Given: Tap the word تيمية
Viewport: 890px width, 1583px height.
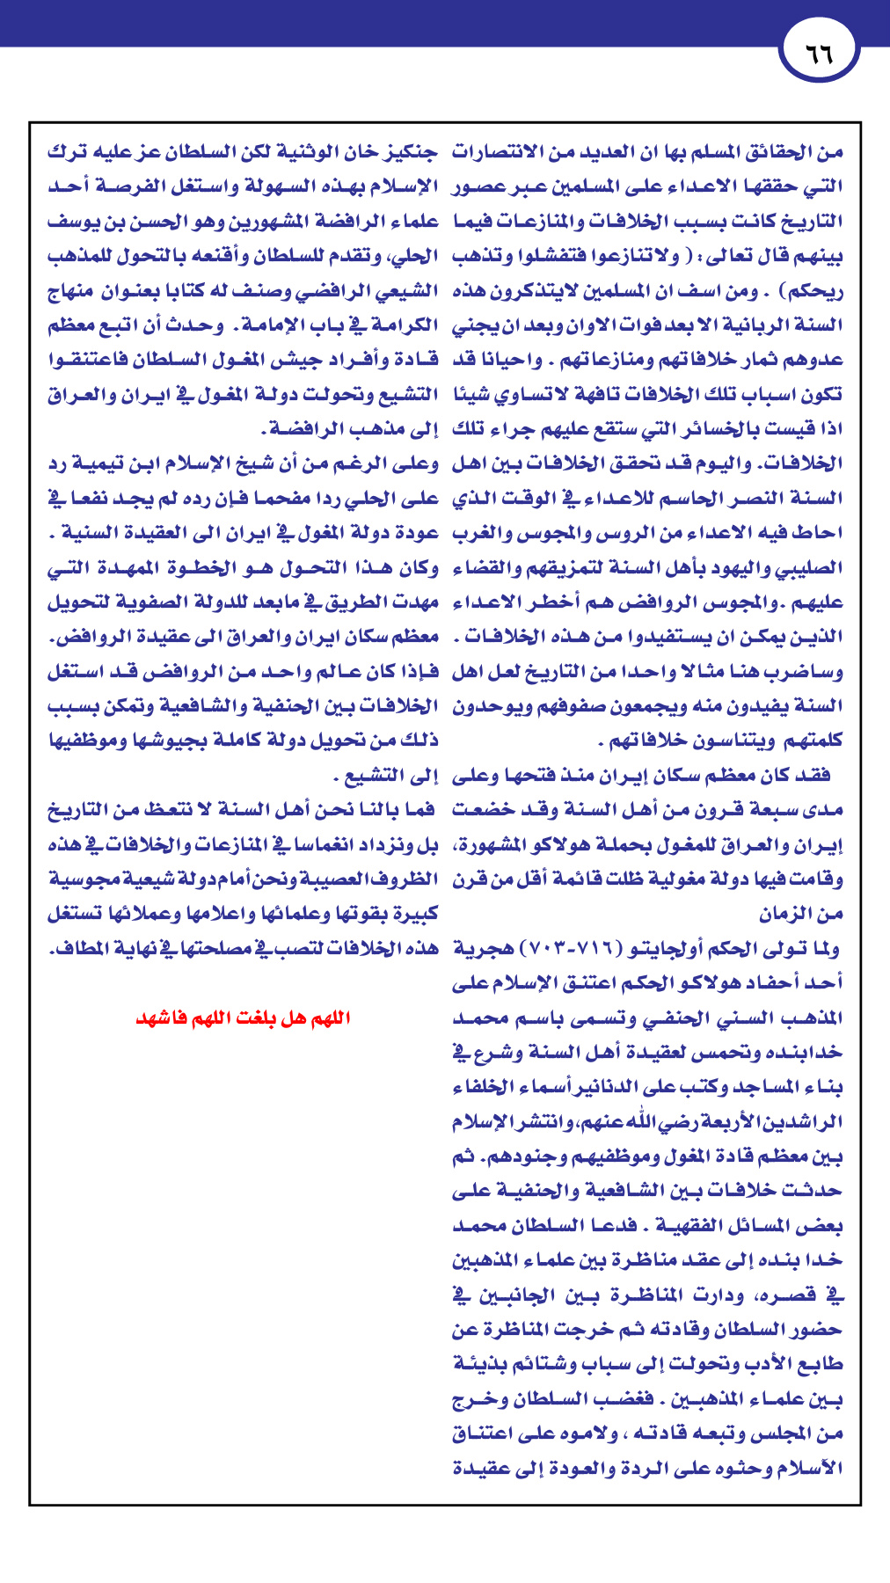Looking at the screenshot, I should tap(98, 464).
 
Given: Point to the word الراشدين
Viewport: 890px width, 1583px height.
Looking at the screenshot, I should tap(797, 1123).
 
